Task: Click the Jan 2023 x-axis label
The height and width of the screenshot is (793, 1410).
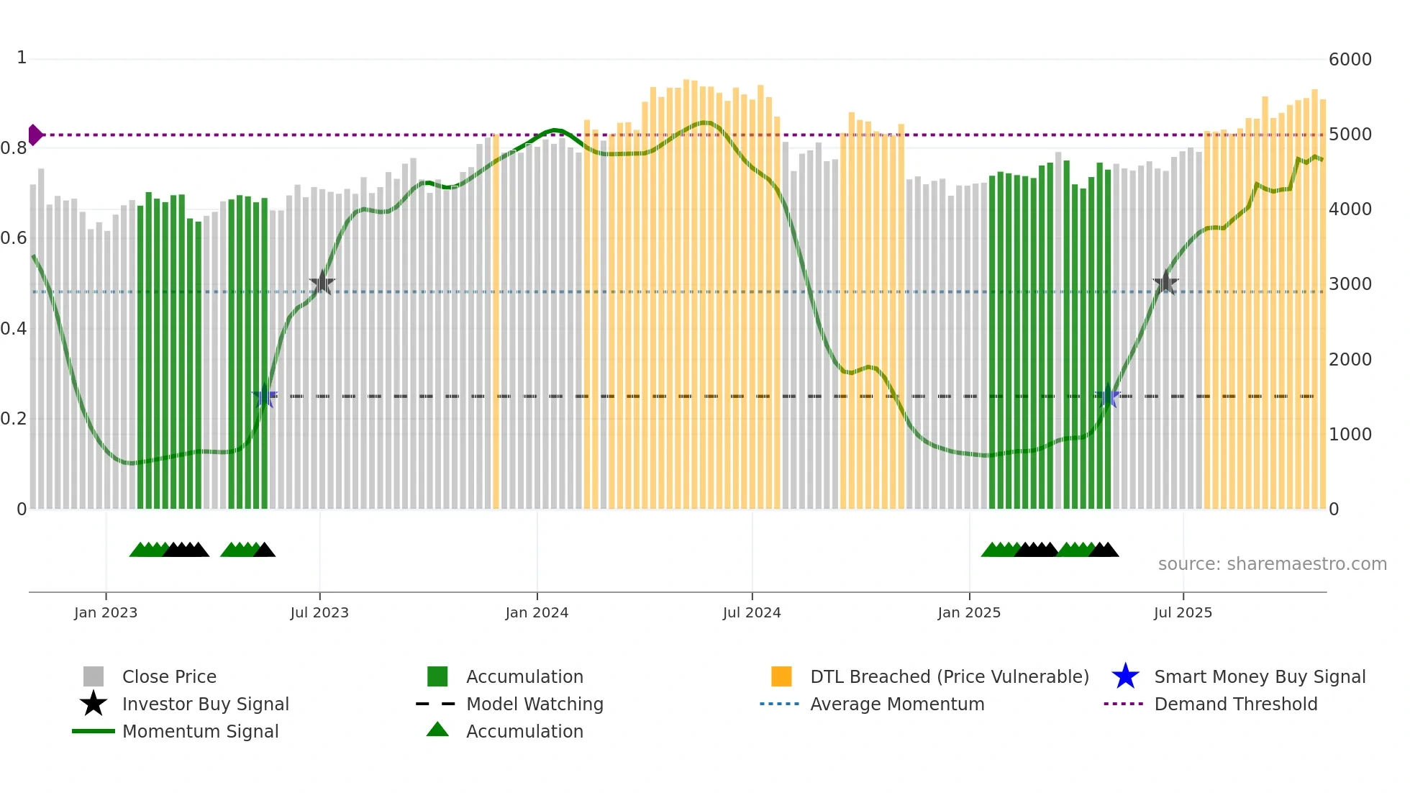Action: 106,612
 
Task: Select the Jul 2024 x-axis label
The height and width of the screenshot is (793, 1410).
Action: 752,612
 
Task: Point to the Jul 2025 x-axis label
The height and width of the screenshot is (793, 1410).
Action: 1183,612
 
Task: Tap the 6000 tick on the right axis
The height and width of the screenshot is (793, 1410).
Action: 1350,60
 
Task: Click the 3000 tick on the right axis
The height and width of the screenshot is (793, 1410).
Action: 1350,284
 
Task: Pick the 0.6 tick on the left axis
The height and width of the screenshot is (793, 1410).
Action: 14,238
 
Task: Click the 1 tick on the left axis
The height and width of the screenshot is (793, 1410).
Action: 22,58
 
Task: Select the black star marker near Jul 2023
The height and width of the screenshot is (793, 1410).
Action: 322,284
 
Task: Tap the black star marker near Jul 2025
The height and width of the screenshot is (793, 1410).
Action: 1165,284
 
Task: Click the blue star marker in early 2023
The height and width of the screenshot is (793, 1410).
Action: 265,396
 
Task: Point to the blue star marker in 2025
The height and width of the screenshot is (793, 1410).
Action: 1108,396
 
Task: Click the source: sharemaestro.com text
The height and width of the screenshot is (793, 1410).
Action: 1272,564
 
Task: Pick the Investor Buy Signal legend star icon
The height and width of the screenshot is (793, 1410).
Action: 94,704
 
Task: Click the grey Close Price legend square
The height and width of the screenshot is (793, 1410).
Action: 94,677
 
